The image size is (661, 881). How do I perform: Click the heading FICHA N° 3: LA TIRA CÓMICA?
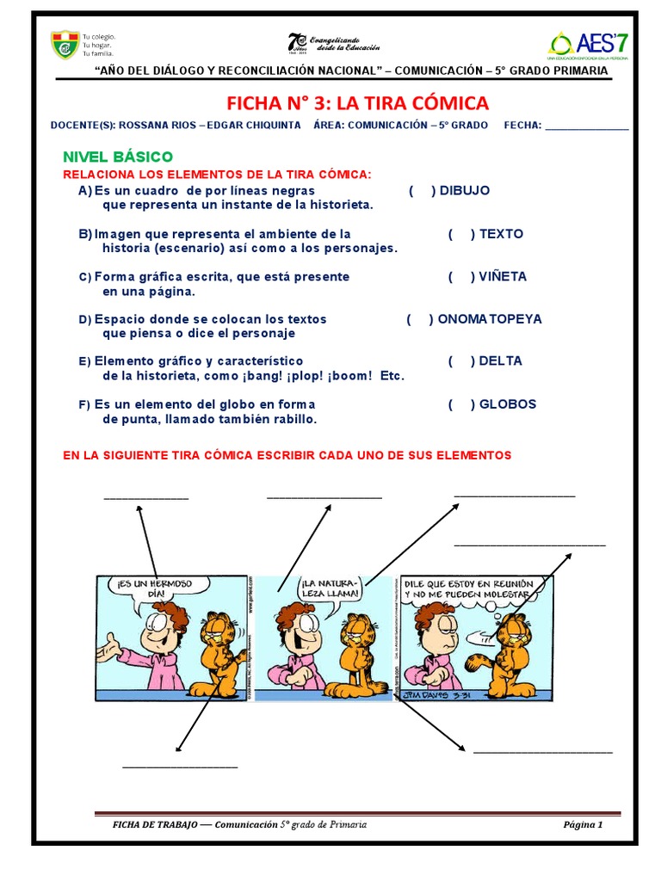[x=357, y=104]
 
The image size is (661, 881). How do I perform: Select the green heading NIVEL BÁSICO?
[x=118, y=157]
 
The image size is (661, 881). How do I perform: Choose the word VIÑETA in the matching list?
[x=503, y=277]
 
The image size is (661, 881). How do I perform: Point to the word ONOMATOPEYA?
[x=490, y=319]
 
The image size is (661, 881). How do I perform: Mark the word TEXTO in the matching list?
[x=501, y=234]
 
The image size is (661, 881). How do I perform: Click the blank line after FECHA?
[x=587, y=127]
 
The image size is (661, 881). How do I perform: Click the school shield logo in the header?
[x=65, y=45]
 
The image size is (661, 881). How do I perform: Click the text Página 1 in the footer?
[x=583, y=824]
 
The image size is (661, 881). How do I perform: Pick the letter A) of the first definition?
[x=84, y=191]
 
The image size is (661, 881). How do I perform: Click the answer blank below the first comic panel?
[x=179, y=765]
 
